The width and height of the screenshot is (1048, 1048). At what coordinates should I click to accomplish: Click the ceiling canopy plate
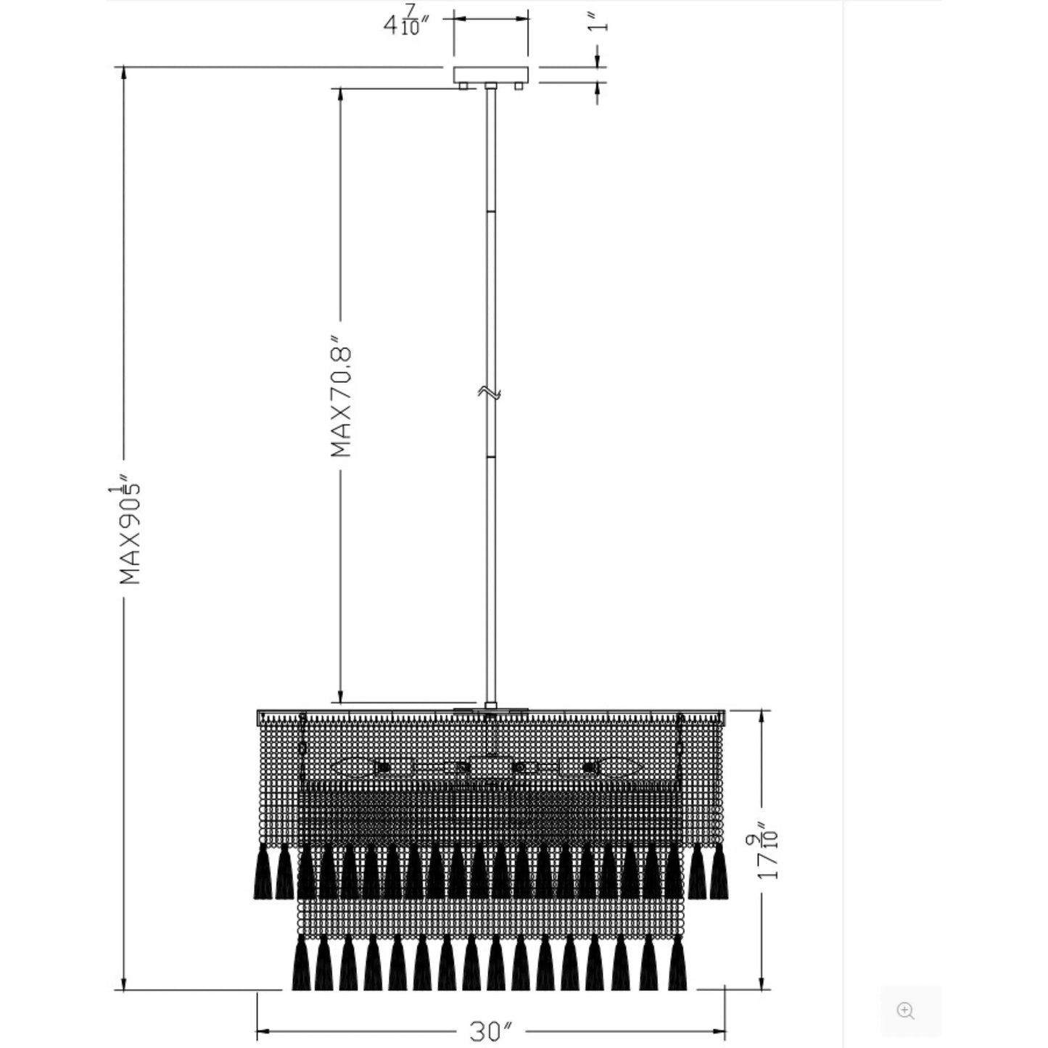491,75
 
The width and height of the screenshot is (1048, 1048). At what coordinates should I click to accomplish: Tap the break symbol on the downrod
490,392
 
